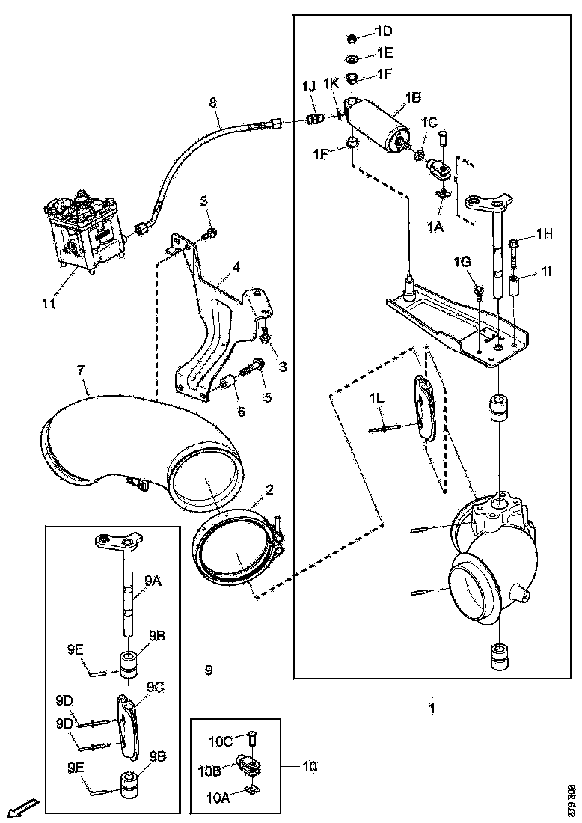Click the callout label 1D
coord(384,31)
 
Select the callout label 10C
coord(221,741)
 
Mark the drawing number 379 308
coord(572,798)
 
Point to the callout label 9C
coord(156,686)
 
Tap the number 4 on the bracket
coord(235,267)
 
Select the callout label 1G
coord(462,262)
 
